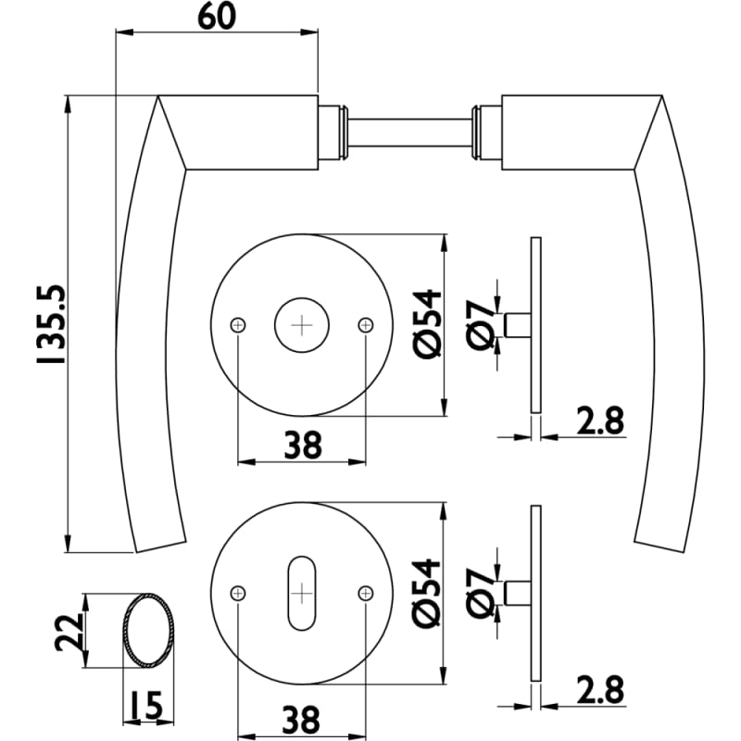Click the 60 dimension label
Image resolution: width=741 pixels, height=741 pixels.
point(216,17)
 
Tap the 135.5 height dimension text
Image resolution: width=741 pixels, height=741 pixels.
point(53,321)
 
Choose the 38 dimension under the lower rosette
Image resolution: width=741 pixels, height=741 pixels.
point(302,718)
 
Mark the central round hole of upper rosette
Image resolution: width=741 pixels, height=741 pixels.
point(302,324)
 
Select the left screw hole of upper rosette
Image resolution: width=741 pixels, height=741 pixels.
point(239,324)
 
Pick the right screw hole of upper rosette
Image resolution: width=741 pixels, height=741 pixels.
point(366,324)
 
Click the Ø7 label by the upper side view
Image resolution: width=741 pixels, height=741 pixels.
point(483,324)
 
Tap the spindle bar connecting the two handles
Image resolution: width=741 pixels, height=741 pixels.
point(410,132)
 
